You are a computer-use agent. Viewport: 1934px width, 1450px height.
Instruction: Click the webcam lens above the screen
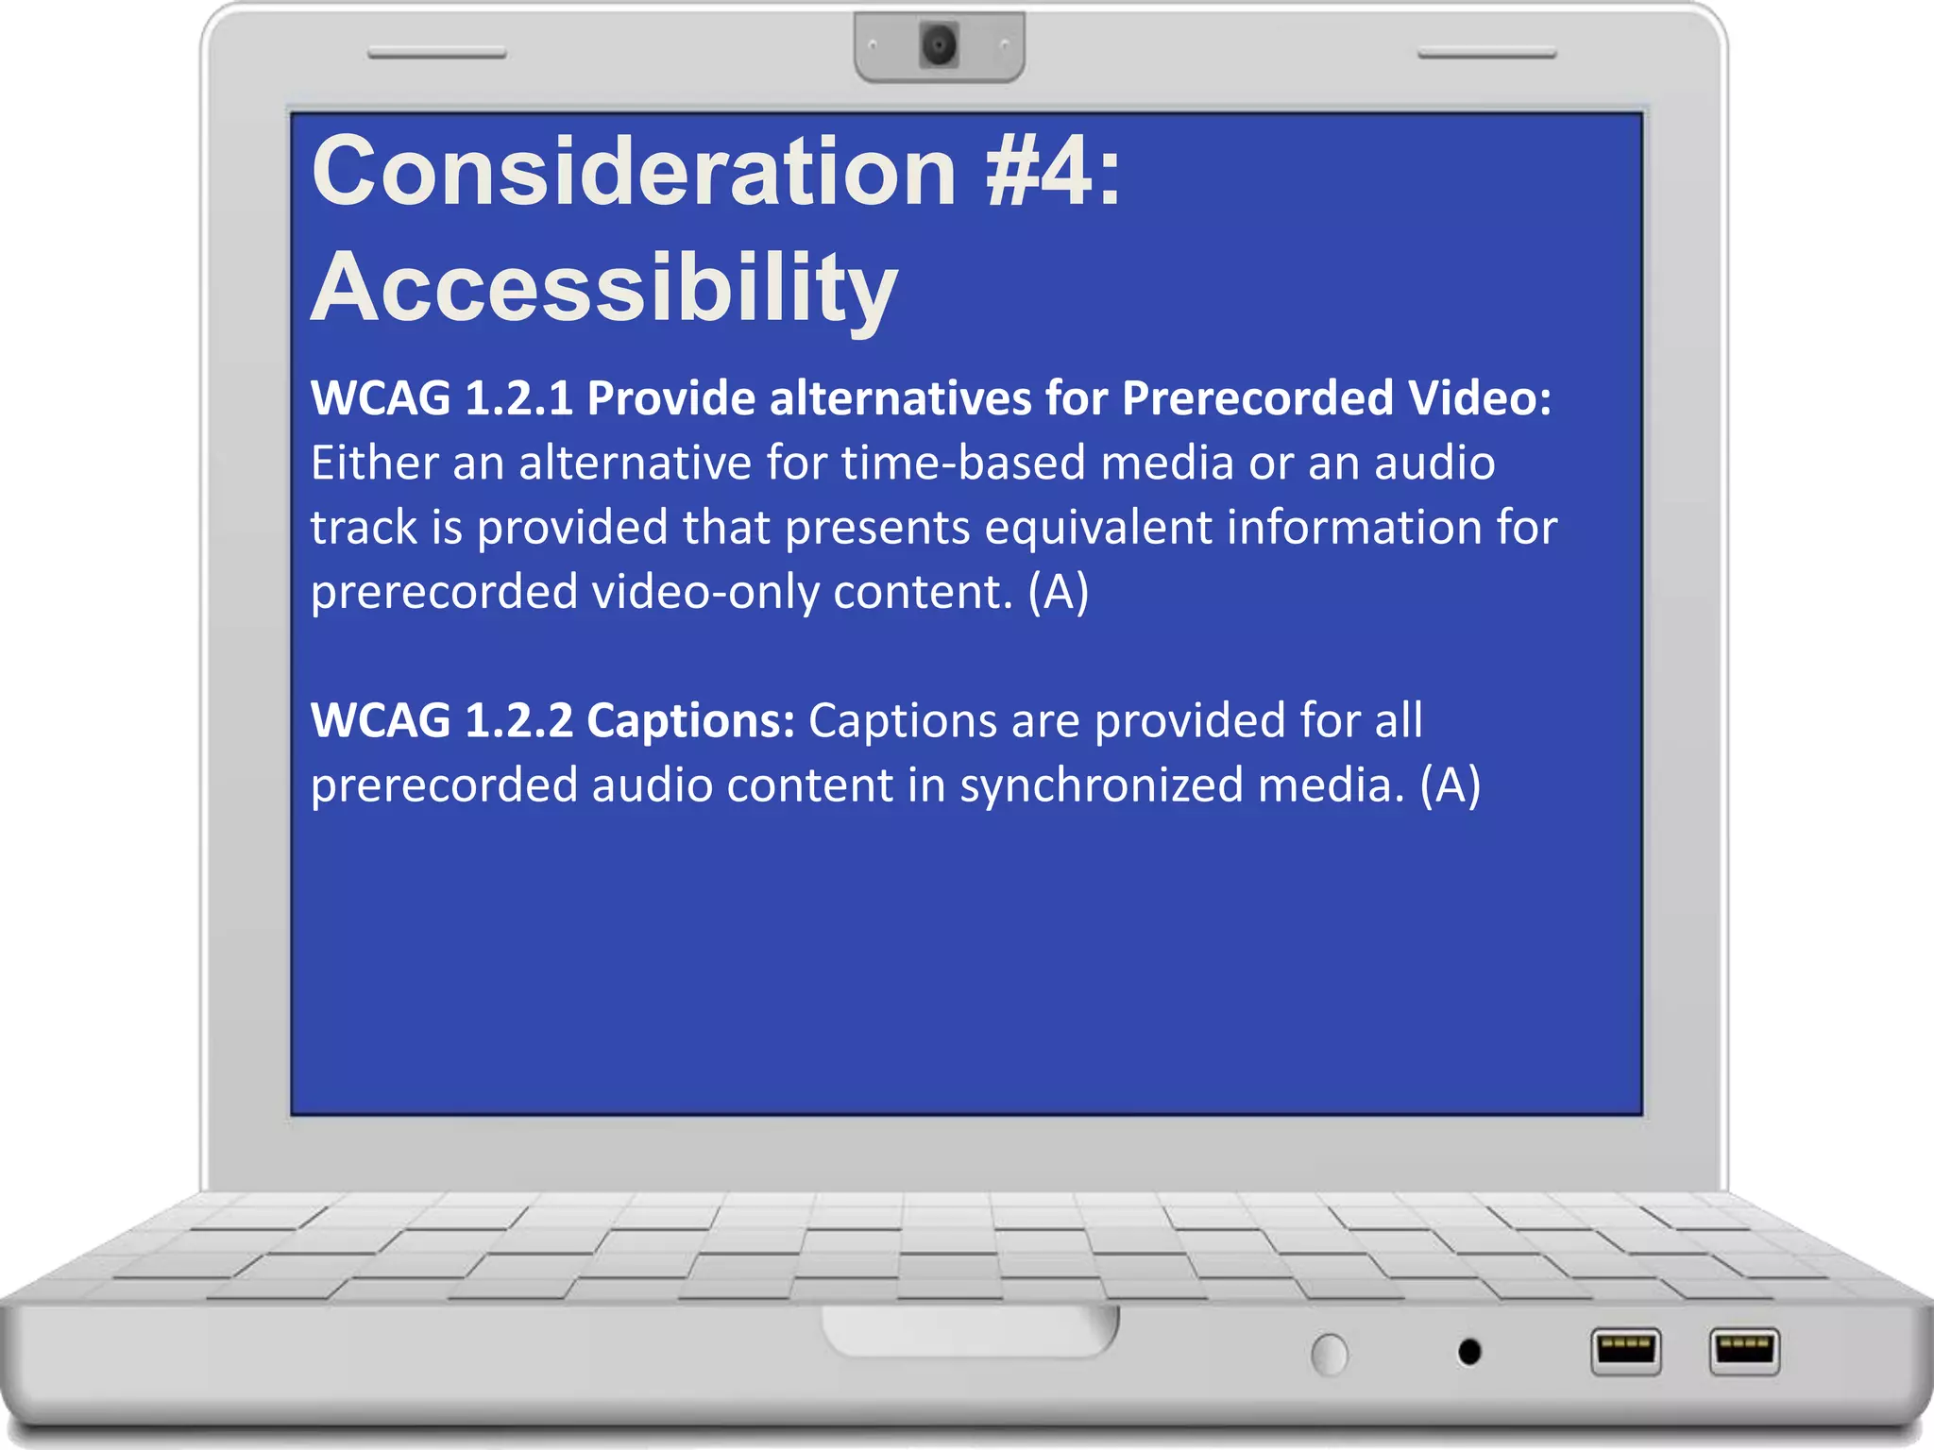[939, 44]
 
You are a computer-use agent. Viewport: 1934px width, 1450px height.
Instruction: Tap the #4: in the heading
[1053, 172]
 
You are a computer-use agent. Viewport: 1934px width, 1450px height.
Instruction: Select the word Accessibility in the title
[604, 288]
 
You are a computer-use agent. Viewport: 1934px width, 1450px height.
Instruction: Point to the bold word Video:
[1480, 398]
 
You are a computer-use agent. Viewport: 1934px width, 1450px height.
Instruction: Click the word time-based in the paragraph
[963, 464]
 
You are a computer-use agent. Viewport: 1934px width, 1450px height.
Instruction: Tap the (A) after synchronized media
[1450, 785]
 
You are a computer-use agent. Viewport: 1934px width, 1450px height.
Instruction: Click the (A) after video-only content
[1059, 592]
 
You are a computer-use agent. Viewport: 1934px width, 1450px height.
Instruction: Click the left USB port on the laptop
[1625, 1351]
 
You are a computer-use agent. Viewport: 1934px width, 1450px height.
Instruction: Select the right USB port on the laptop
[1744, 1351]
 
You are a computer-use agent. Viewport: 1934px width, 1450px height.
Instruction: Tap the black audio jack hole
[1469, 1352]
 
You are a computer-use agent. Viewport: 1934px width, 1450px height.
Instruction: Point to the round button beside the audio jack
[1330, 1355]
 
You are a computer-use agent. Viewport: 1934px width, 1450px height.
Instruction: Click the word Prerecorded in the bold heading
[1257, 398]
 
